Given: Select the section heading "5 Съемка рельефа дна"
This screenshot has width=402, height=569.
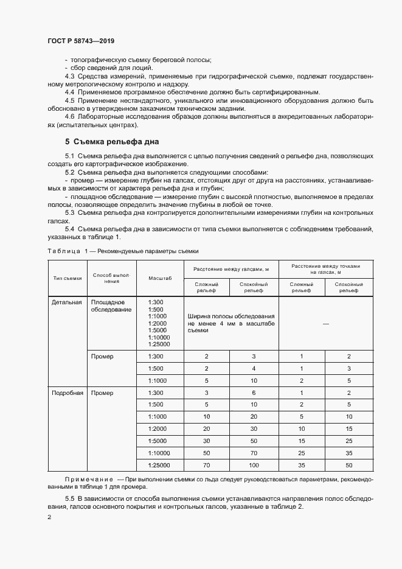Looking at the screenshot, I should (112, 141).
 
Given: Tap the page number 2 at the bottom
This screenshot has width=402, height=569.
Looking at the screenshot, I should (49, 517).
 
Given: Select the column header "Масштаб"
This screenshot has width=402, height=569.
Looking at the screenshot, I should (160, 278).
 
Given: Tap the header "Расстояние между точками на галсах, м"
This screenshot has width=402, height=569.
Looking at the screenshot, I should (325, 269).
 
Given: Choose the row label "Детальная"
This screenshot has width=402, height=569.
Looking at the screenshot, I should (67, 302).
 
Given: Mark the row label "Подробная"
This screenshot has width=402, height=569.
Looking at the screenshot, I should (67, 393).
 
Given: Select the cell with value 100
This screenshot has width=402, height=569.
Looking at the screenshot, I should (254, 466).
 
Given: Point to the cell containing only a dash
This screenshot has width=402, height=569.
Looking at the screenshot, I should (325, 324).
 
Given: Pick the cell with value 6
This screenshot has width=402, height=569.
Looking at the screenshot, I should (254, 393).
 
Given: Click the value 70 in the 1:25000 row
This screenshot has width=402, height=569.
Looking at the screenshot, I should (207, 466).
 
